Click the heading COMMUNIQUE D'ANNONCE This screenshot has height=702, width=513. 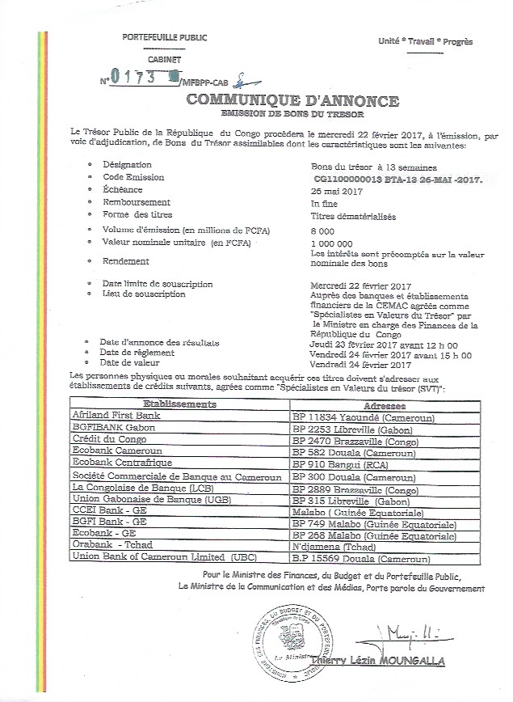coord(292,101)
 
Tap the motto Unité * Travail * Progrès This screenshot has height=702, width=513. coord(426,41)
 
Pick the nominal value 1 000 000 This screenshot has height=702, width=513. coord(332,243)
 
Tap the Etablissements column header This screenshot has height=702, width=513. coord(179,403)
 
